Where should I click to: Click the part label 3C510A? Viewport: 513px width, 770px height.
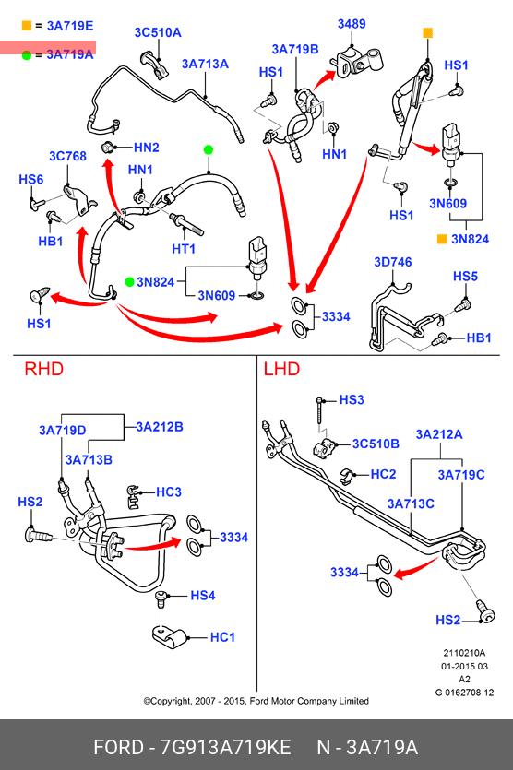[158, 33]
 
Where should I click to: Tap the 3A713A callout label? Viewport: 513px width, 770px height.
[205, 64]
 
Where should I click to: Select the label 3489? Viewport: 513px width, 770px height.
[352, 24]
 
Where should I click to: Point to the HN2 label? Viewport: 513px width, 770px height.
[146, 148]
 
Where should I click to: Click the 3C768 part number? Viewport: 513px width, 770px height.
[67, 156]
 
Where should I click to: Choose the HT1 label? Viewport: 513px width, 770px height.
[184, 249]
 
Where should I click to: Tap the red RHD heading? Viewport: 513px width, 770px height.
[43, 369]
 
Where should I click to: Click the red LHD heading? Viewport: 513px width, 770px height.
[281, 369]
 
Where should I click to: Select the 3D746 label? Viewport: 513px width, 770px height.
[393, 262]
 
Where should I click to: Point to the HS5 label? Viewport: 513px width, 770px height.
[465, 276]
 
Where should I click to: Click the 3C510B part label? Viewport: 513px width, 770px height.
[376, 444]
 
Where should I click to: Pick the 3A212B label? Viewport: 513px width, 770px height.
[160, 427]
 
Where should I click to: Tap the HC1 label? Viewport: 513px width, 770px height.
[222, 637]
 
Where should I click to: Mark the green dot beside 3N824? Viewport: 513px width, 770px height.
[130, 282]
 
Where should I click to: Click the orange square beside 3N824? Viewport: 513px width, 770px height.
[442, 239]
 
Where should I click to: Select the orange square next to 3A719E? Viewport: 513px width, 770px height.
[27, 26]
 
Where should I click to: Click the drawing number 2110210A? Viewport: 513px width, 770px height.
[464, 653]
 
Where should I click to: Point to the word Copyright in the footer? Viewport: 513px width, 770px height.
[170, 701]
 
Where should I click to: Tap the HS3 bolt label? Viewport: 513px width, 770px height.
[352, 399]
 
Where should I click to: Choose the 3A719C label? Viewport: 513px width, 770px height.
[461, 475]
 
